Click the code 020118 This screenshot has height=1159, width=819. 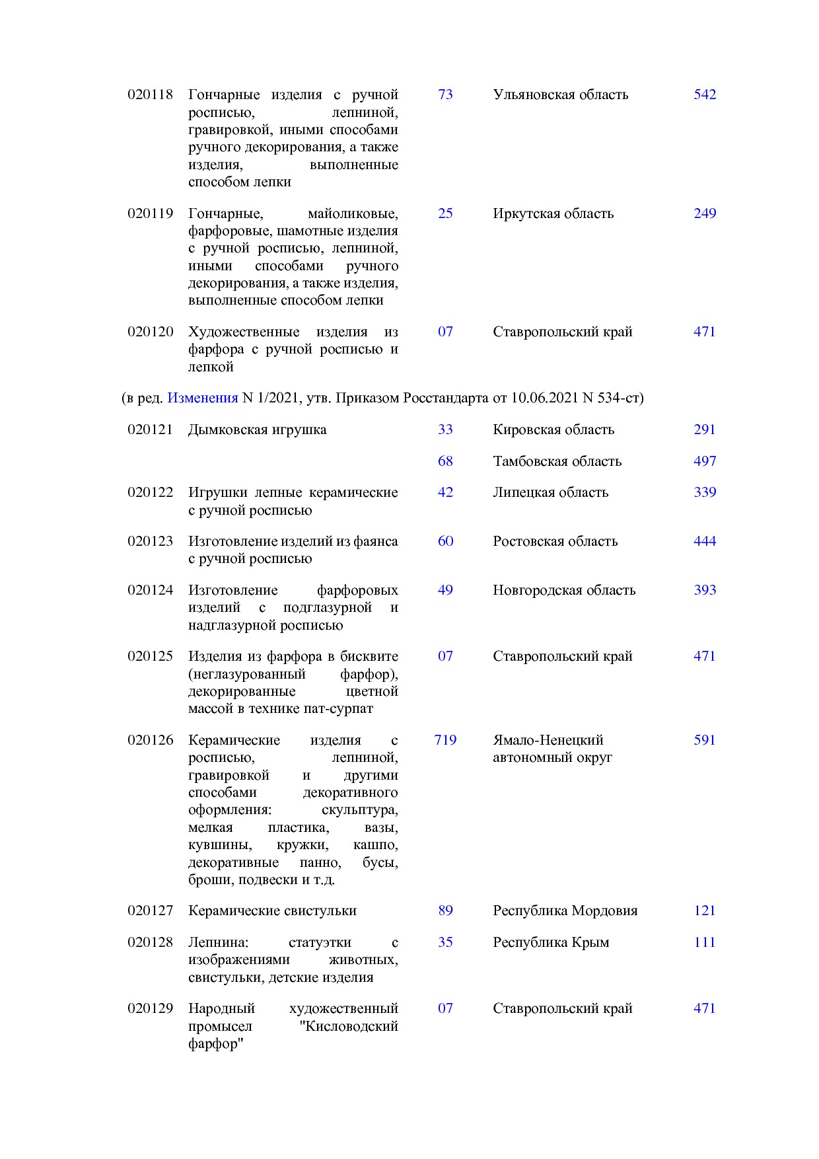pyautogui.click(x=150, y=94)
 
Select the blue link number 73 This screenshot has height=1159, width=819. pyautogui.click(x=445, y=94)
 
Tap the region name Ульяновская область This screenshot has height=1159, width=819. pyautogui.click(x=560, y=94)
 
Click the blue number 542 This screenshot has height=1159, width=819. pyautogui.click(x=705, y=94)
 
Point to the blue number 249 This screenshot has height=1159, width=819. pyautogui.click(x=705, y=213)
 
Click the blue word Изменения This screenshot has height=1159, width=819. pyautogui.click(x=202, y=398)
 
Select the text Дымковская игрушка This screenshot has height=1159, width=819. pyautogui.click(x=257, y=430)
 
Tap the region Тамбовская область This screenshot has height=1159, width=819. pyautogui.click(x=557, y=461)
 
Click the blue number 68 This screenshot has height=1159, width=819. pyautogui.click(x=445, y=461)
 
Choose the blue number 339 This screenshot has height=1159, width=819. pyautogui.click(x=705, y=492)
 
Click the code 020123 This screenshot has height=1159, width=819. pyautogui.click(x=150, y=541)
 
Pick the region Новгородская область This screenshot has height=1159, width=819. pyautogui.click(x=564, y=590)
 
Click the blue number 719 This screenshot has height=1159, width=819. pyautogui.click(x=445, y=740)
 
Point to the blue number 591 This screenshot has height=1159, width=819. pyautogui.click(x=705, y=740)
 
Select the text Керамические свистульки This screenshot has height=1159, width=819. pyautogui.click(x=272, y=911)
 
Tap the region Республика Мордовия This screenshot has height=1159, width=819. pyautogui.click(x=565, y=911)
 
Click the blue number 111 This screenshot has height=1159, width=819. pyautogui.click(x=705, y=942)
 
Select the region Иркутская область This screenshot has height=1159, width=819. pyautogui.click(x=553, y=213)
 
